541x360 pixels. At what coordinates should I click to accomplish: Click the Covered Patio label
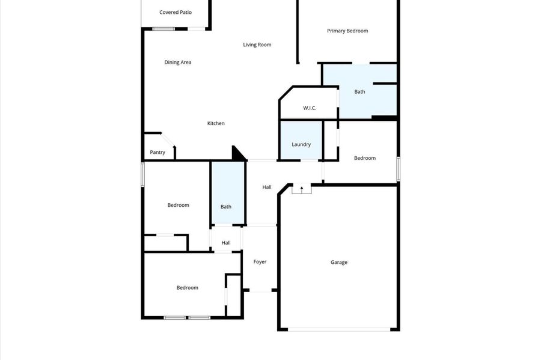176,13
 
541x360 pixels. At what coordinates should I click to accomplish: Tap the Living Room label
257,45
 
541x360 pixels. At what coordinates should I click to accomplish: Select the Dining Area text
178,63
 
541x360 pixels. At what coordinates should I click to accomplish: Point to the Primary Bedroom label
347,31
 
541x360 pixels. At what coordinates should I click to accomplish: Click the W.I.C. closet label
310,108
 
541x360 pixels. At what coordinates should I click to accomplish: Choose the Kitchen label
216,123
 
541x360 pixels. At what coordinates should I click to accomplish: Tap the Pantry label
157,153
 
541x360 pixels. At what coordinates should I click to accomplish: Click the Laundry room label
301,144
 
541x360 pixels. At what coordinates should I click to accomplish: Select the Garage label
339,263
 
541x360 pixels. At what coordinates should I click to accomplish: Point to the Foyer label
260,261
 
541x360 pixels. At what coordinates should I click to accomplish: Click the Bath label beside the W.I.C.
359,92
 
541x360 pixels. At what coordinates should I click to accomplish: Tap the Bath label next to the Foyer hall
226,207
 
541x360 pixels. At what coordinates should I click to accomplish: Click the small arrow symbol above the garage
302,189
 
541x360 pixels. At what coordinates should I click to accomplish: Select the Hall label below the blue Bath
226,243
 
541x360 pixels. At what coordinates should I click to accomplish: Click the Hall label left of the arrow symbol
267,188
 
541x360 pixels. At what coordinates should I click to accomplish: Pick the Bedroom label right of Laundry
365,158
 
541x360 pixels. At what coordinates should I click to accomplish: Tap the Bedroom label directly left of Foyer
188,288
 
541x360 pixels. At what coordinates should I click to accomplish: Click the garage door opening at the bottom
339,330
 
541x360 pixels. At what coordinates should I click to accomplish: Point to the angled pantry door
168,139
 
